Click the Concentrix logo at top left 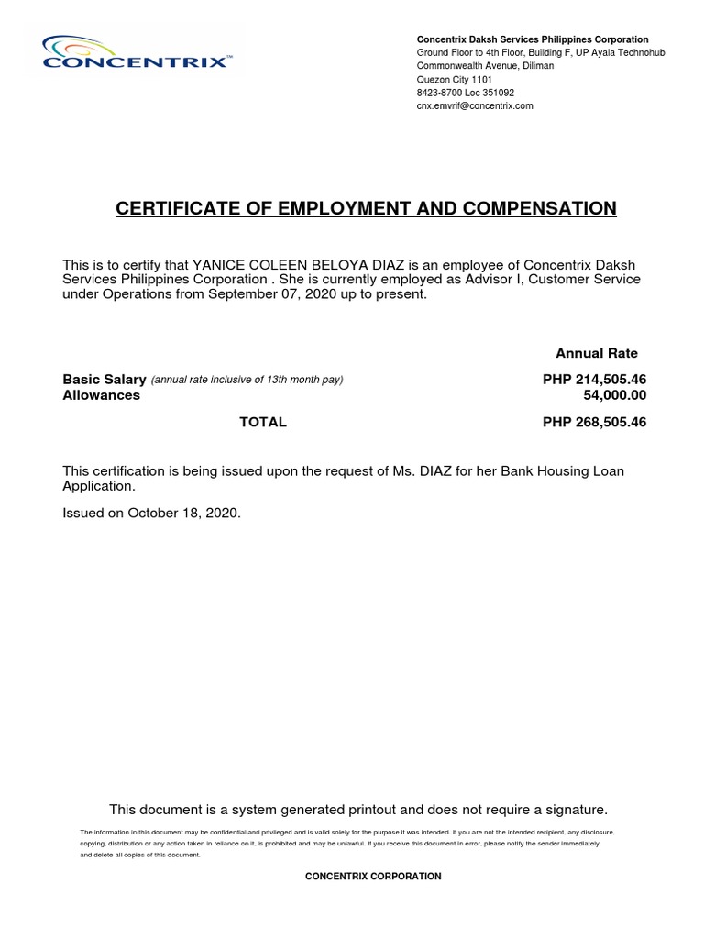pos(136,53)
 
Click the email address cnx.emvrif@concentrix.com pos(475,106)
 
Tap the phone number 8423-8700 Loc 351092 pos(466,93)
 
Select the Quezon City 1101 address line pos(455,80)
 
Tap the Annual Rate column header pos(597,353)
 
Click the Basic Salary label pos(104,380)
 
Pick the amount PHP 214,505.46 pos(595,380)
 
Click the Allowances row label pos(101,395)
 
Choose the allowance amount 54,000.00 pos(615,395)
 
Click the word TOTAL pos(263,422)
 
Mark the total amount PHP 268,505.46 pos(595,422)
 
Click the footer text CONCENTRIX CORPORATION pos(373,877)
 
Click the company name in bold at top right pos(533,39)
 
